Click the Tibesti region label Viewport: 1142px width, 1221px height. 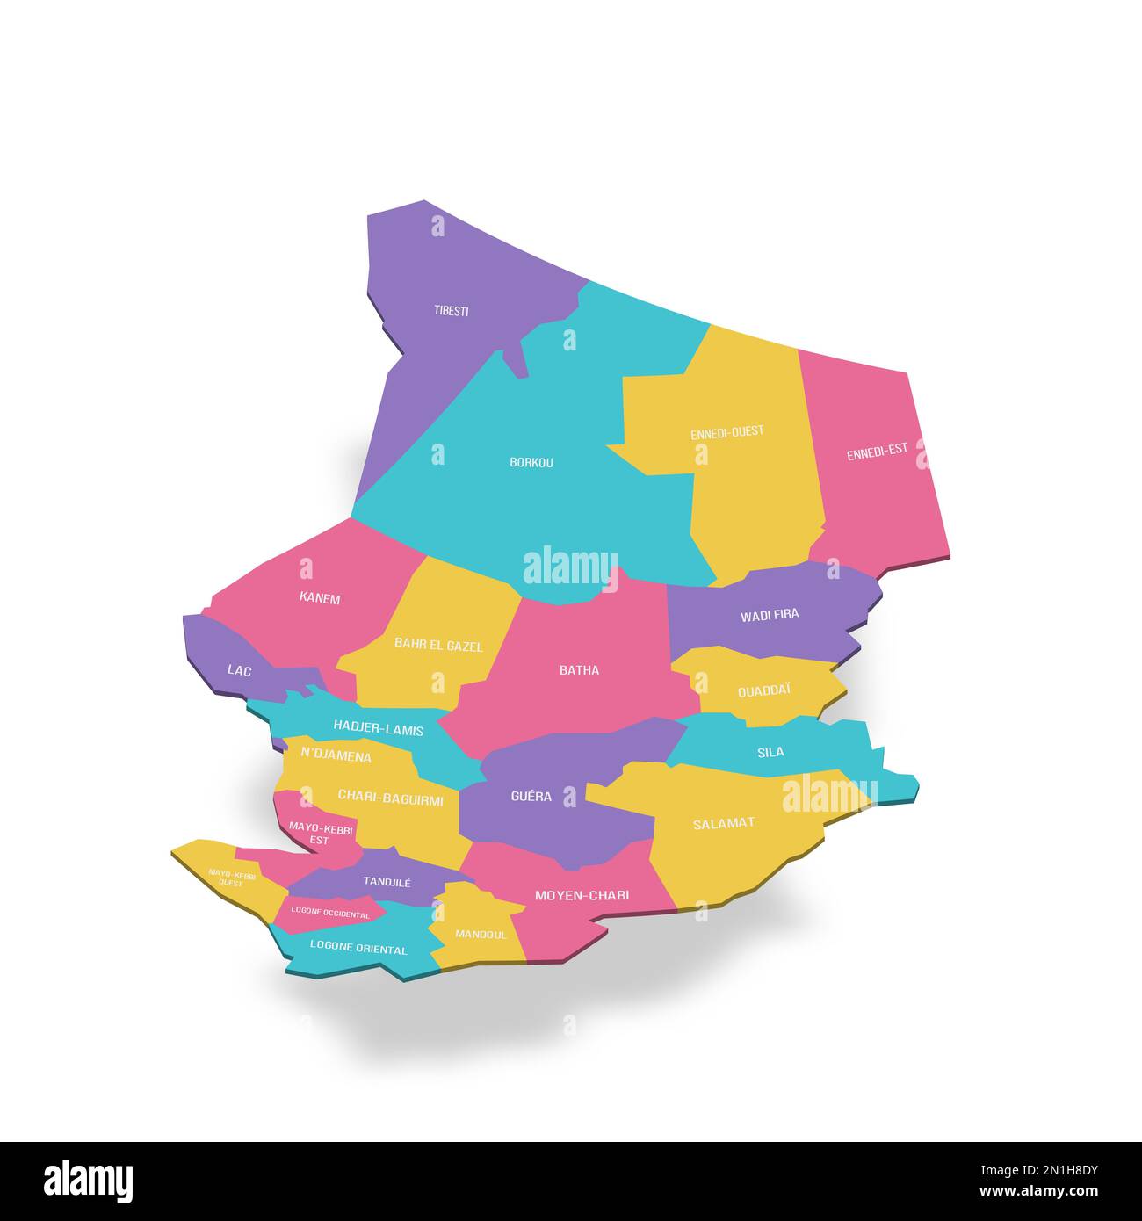(x=451, y=311)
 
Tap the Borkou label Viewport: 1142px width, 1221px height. (x=531, y=462)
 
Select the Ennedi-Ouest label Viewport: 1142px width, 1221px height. (x=726, y=432)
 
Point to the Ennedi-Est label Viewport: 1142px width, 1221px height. (x=877, y=452)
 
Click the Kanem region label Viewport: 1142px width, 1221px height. (x=319, y=599)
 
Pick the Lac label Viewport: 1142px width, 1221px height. (x=239, y=670)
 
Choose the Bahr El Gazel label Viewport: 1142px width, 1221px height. (x=438, y=645)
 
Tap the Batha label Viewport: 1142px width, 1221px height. (x=579, y=670)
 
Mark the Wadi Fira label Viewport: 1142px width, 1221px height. (x=770, y=615)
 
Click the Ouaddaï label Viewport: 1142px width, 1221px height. (x=763, y=690)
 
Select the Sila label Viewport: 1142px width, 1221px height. (x=770, y=752)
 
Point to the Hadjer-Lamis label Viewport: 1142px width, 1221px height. (x=378, y=729)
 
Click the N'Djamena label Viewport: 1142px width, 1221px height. (x=336, y=755)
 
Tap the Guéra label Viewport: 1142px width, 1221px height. (x=531, y=797)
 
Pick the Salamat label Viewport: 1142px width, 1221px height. (x=723, y=823)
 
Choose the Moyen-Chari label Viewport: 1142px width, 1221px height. (x=582, y=895)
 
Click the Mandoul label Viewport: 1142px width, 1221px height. (x=481, y=935)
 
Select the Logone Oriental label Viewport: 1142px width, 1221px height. (x=358, y=949)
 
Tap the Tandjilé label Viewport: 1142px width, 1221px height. (x=387, y=881)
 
